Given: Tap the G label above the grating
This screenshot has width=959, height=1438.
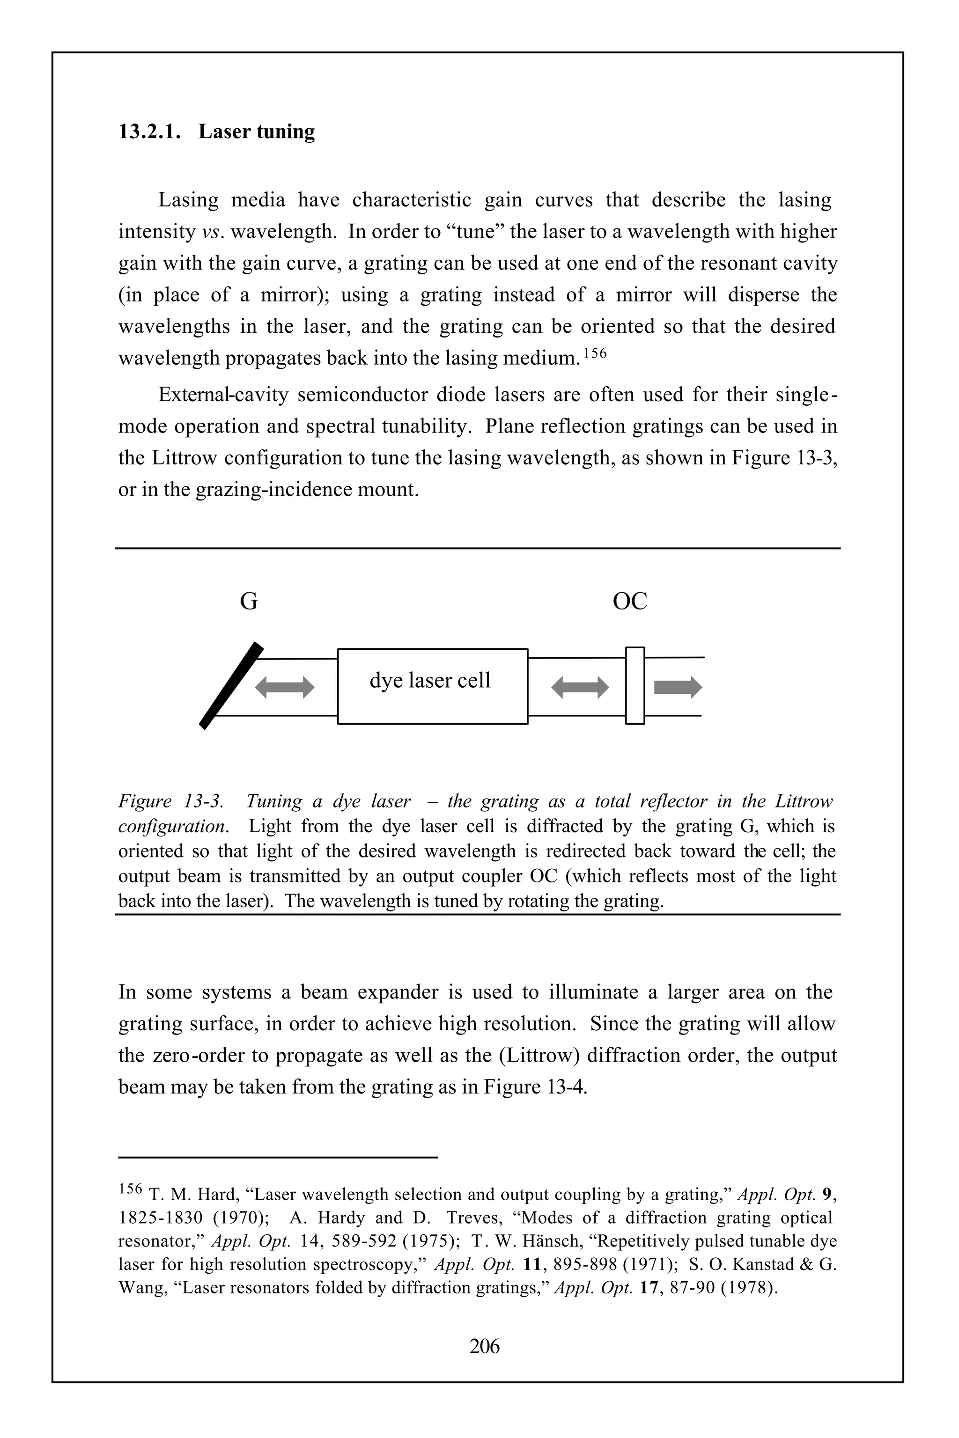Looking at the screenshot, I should pos(248,602).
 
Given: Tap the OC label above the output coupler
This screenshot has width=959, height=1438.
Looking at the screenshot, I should pos(629,602).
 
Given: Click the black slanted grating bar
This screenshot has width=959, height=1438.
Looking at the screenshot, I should pos(232,685).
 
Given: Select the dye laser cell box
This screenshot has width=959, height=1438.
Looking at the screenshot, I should pos(432,686).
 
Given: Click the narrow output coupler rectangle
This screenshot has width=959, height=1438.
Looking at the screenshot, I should pos(635,685).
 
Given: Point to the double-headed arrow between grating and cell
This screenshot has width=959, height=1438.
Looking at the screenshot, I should pos(284,687).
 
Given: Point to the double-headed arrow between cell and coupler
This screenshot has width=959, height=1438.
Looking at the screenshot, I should pos(580,687).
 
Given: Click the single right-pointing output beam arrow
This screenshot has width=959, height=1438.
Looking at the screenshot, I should pos(678,687).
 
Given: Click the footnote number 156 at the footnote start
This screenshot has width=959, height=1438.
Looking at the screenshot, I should pos(130,1189).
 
